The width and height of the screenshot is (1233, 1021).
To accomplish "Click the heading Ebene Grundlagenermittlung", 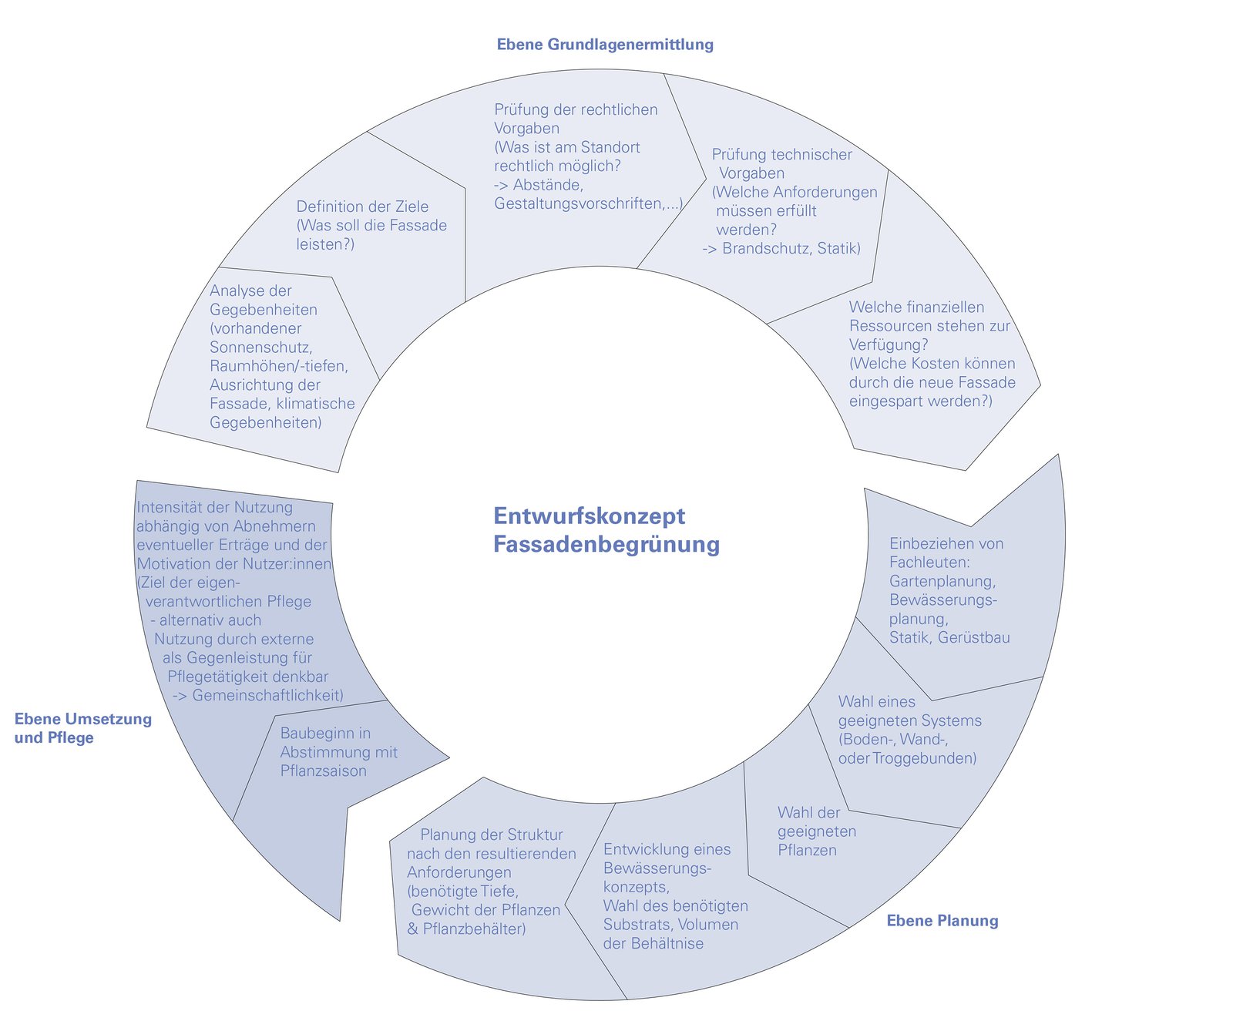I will click(605, 45).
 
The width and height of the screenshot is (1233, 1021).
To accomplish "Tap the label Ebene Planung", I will click(942, 920).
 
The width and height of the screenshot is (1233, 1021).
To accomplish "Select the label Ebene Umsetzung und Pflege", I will click(82, 728).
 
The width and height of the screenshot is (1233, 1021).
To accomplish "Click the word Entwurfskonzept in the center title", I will click(589, 516).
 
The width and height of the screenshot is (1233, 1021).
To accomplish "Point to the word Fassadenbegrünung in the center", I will click(606, 544).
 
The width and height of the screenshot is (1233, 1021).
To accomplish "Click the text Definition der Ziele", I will click(362, 207).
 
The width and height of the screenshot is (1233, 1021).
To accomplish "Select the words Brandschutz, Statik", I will click(791, 248).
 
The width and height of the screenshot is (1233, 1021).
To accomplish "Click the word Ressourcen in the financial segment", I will click(893, 325).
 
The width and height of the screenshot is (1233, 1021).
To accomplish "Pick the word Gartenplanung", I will click(942, 580).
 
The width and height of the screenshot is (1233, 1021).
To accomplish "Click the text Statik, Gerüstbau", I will click(949, 637).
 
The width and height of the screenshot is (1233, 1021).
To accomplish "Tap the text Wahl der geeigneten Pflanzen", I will click(816, 831).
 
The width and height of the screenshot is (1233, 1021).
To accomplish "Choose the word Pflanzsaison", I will click(323, 771).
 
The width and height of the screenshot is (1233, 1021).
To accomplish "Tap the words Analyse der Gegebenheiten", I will click(263, 301).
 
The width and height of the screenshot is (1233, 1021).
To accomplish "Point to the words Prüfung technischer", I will click(781, 154).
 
